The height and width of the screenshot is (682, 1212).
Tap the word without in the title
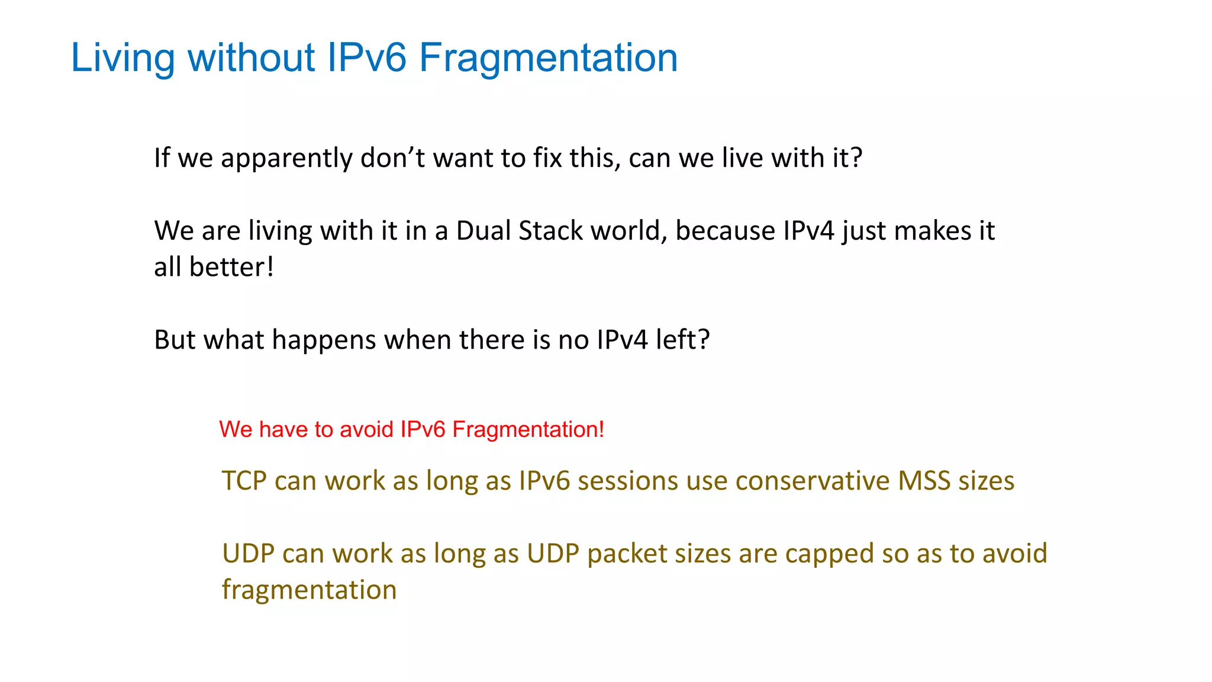(x=252, y=58)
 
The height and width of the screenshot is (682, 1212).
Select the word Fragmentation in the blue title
(x=548, y=58)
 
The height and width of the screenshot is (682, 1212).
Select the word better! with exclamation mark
(x=231, y=267)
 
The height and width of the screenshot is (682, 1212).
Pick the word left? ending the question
(x=682, y=340)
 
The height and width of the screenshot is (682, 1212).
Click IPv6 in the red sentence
(x=423, y=429)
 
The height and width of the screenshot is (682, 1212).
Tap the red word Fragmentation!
(x=528, y=429)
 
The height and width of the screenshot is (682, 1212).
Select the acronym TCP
(x=244, y=481)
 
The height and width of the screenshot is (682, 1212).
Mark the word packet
(x=626, y=554)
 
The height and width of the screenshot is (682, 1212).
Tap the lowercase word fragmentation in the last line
(x=309, y=590)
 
